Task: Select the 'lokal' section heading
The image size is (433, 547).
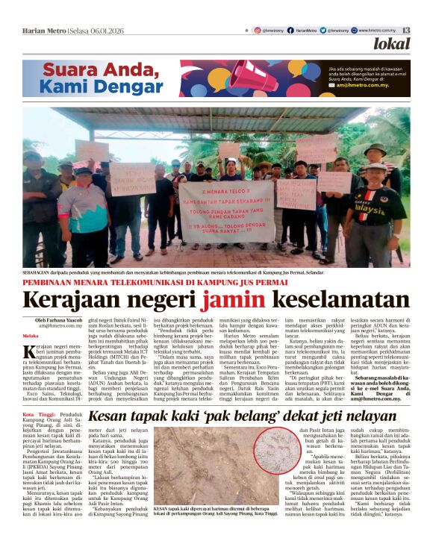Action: point(392,45)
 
